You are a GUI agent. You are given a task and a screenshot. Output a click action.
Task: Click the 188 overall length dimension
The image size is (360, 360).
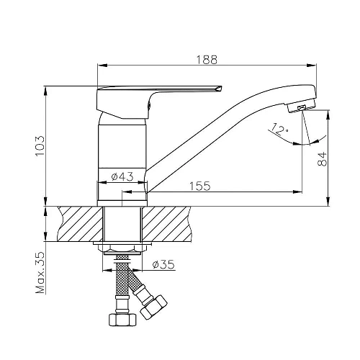pyautogui.click(x=207, y=60)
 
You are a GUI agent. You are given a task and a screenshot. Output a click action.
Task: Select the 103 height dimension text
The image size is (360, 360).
pyautogui.click(x=40, y=146)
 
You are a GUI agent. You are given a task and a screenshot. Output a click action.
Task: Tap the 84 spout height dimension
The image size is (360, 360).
pyautogui.click(x=322, y=158)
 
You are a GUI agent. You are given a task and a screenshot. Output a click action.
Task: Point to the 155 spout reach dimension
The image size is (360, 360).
pyautogui.click(x=200, y=186)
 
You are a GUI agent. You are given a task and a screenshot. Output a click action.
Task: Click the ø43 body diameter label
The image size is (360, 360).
pyautogui.click(x=122, y=177)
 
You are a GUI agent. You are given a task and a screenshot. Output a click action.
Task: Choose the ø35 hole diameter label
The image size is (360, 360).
pyautogui.click(x=163, y=264)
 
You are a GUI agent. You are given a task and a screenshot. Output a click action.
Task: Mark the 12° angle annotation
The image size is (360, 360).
pyautogui.click(x=279, y=130)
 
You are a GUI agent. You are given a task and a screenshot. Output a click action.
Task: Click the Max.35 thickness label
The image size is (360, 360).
pyautogui.click(x=40, y=273)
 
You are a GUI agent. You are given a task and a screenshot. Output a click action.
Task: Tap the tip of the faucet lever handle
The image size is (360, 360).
pyautogui.click(x=221, y=88)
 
